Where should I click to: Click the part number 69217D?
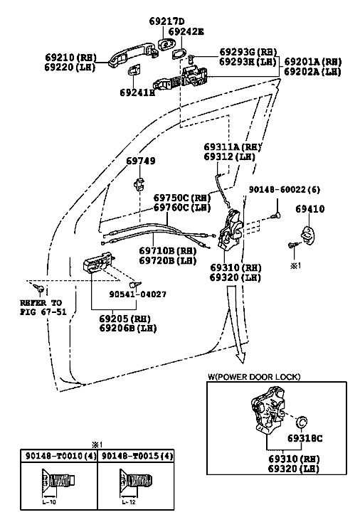(x=166, y=21)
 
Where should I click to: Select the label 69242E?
(x=186, y=31)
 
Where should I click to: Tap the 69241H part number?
(x=137, y=92)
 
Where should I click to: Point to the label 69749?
(x=141, y=161)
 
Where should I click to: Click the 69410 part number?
(x=310, y=209)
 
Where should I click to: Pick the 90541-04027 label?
(x=138, y=294)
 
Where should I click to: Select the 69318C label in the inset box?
(x=305, y=438)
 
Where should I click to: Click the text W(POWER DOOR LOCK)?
(x=254, y=377)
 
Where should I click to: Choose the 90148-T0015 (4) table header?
(x=137, y=456)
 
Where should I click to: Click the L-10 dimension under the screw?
(x=49, y=502)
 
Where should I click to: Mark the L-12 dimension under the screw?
(x=128, y=502)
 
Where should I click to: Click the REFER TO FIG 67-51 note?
(x=43, y=307)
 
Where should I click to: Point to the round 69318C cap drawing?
(x=302, y=421)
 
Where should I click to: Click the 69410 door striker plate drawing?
(x=308, y=233)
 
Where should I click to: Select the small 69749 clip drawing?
(x=138, y=183)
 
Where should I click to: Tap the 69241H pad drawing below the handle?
(x=134, y=69)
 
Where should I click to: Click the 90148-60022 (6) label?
(x=285, y=190)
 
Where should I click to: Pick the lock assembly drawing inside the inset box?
(x=268, y=410)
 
